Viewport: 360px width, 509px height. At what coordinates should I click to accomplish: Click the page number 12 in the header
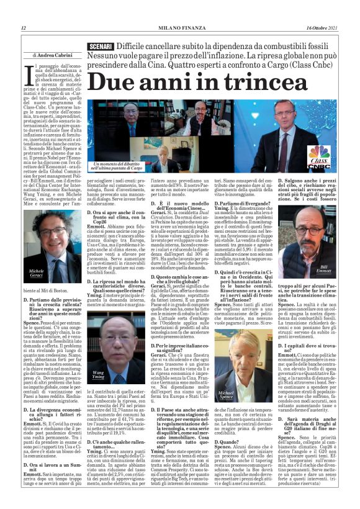click(x=24, y=28)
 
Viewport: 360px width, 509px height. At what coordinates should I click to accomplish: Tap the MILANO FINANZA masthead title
click(x=180, y=28)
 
